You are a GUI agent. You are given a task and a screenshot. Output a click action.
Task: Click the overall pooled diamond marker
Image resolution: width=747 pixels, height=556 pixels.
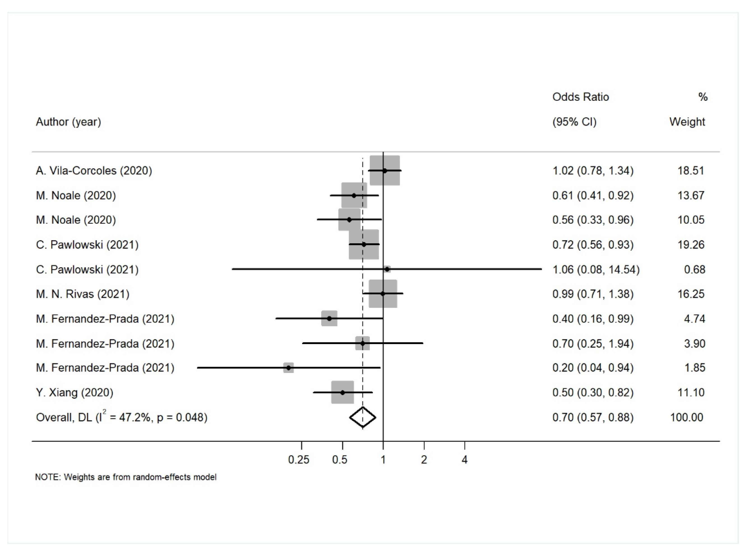pos(362,417)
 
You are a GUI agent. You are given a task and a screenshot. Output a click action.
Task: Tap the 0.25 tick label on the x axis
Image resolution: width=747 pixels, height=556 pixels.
pos(298,460)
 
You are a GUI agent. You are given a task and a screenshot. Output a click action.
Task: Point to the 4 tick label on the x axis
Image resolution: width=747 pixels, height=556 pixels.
pos(465,460)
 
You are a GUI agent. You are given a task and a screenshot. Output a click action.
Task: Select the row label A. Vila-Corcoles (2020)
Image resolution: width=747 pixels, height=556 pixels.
pos(94,171)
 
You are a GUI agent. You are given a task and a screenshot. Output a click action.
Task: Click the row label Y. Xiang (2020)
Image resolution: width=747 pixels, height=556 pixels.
pos(74,393)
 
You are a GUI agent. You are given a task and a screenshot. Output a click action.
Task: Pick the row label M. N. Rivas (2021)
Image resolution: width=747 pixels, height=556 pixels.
pos(83,294)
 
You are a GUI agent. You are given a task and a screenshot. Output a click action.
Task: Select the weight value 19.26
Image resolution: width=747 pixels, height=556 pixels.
pos(691,245)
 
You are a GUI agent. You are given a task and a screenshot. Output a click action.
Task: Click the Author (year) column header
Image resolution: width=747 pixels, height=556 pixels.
pos(68,122)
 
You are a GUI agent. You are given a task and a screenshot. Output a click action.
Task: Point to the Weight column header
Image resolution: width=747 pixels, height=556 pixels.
pos(687,122)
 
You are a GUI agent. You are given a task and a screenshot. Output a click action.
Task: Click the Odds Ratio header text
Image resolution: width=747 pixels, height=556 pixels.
pos(581,97)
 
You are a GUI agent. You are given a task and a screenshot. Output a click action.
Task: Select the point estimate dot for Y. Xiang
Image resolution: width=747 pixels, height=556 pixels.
pos(342,393)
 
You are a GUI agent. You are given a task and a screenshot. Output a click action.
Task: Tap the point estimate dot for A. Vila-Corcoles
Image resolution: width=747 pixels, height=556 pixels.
pos(385,171)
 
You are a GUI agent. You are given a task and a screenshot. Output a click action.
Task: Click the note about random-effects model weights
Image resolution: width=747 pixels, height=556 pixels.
pos(126,477)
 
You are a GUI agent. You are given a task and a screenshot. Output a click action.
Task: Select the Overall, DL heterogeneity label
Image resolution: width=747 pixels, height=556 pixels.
pos(122,417)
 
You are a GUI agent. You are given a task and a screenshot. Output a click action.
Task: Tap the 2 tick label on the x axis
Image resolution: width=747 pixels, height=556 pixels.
pos(424,460)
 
